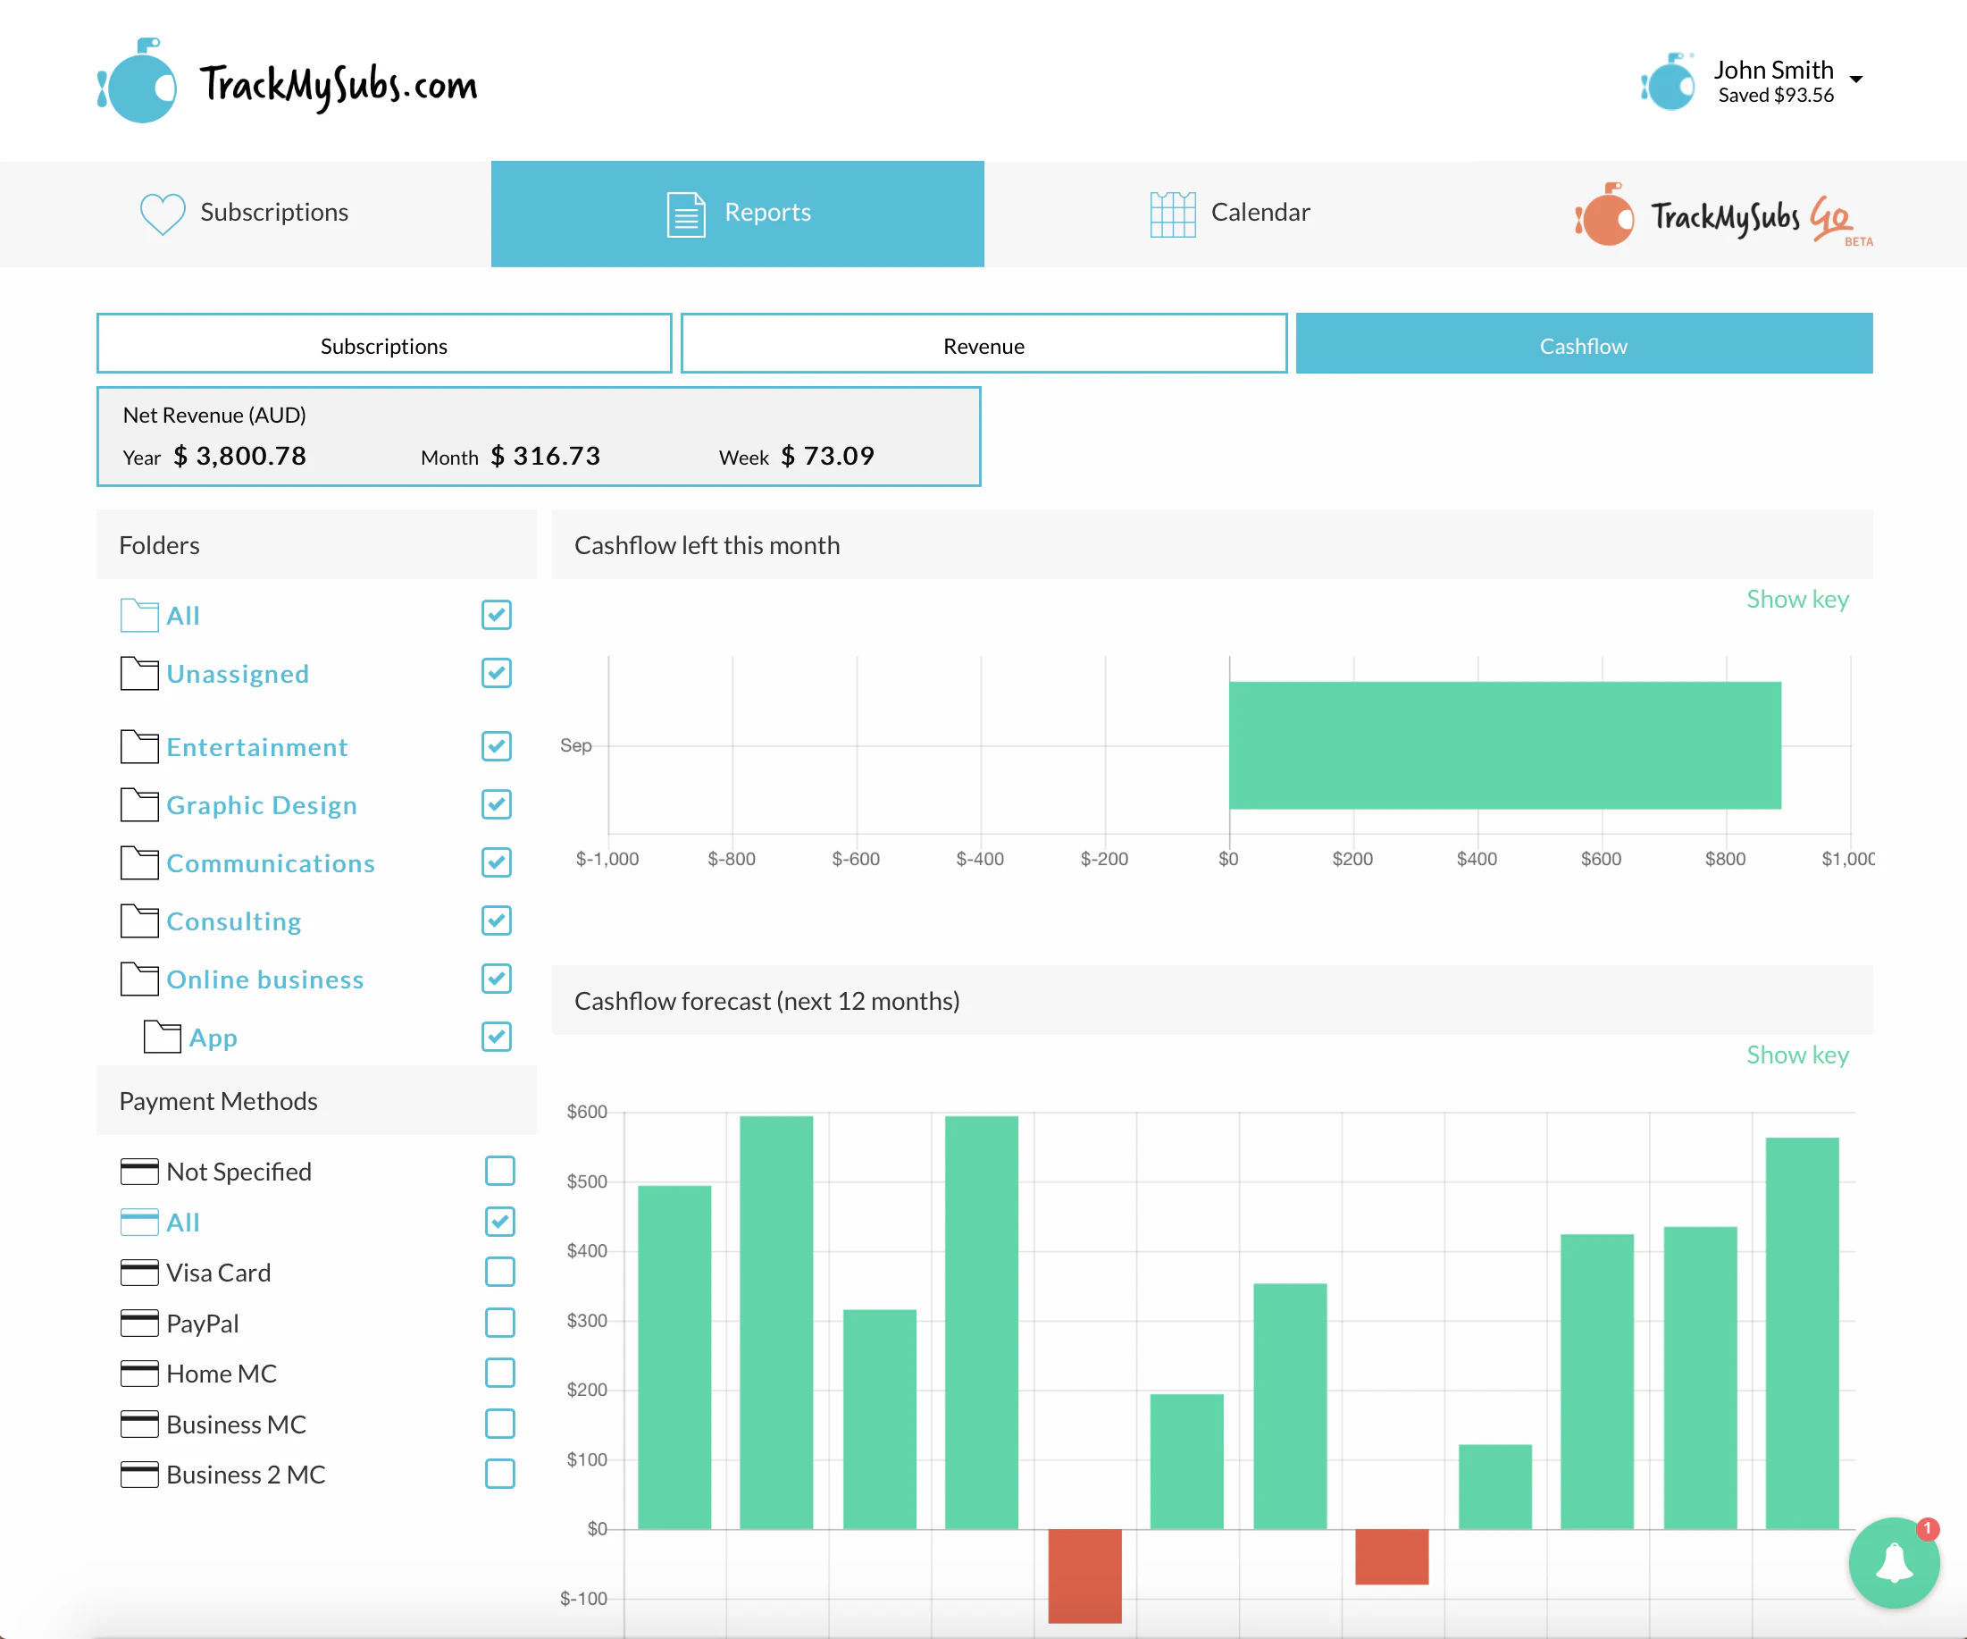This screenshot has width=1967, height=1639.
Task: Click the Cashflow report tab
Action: click(x=1583, y=345)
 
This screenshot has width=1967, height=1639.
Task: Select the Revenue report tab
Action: click(x=983, y=345)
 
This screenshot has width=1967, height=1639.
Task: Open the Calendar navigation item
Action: click(x=1229, y=213)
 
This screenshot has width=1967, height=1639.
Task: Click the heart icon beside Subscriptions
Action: click(x=162, y=214)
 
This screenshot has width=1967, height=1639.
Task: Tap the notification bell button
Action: click(x=1893, y=1562)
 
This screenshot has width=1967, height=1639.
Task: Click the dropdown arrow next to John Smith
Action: click(x=1855, y=80)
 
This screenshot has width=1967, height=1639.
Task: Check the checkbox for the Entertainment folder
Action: click(x=497, y=746)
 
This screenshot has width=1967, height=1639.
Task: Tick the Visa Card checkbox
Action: click(x=499, y=1272)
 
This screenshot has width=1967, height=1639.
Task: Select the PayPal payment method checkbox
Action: click(x=499, y=1323)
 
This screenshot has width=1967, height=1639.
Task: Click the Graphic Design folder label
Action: click(x=262, y=805)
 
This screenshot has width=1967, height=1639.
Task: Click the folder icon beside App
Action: click(x=162, y=1038)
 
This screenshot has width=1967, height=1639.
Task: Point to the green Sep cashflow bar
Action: click(x=1503, y=745)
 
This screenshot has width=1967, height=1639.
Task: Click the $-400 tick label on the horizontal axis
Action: click(x=980, y=859)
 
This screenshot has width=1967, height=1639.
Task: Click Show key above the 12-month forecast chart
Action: click(x=1796, y=1055)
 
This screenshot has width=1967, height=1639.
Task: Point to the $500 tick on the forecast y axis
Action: click(x=586, y=1181)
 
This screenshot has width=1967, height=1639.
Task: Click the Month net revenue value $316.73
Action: click(x=557, y=457)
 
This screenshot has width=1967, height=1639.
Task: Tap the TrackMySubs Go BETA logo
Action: click(x=1723, y=215)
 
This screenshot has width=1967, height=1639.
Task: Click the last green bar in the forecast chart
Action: click(x=1801, y=1331)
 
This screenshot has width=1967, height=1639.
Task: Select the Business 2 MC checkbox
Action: click(x=499, y=1474)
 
